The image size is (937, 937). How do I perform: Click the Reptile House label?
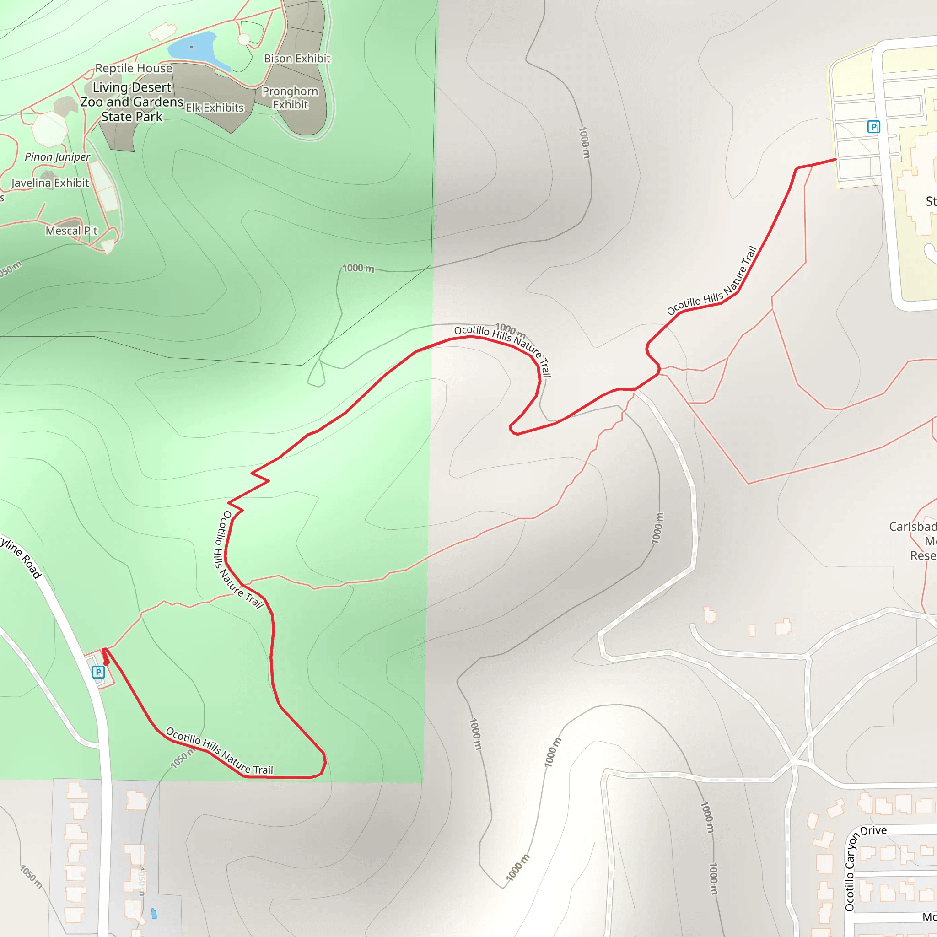134,68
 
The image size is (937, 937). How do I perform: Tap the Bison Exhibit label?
297,59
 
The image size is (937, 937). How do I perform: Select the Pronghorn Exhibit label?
290,98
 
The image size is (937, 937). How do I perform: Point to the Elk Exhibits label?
215,108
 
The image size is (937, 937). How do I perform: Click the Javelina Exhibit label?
50,183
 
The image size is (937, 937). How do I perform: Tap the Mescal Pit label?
71,231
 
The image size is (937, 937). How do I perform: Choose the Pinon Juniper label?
57,156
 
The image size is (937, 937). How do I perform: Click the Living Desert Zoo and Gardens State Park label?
131,102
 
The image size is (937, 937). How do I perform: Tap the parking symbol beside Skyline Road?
98,672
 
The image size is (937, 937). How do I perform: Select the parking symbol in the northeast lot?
873,127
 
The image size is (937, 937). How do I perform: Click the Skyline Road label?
22,556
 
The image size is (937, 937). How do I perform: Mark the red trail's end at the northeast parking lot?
835,159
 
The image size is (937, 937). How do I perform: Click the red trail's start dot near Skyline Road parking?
106,663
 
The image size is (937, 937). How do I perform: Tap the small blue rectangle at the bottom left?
154,914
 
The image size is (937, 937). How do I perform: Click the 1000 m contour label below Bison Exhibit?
358,268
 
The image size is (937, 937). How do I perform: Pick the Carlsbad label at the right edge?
912,527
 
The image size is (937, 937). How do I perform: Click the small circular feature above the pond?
244,39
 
